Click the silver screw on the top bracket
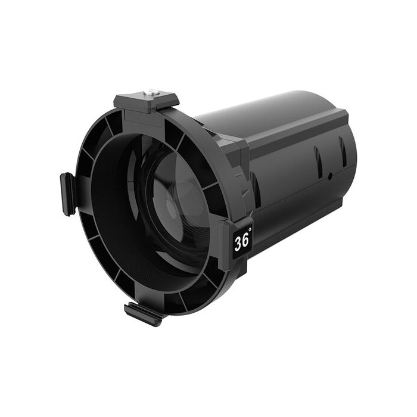pos(153,92)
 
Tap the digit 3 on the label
pos(238,243)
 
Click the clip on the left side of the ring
pos(67,194)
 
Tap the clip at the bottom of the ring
pos(142,313)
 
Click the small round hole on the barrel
pos(330,176)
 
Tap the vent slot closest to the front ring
pos(256,188)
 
